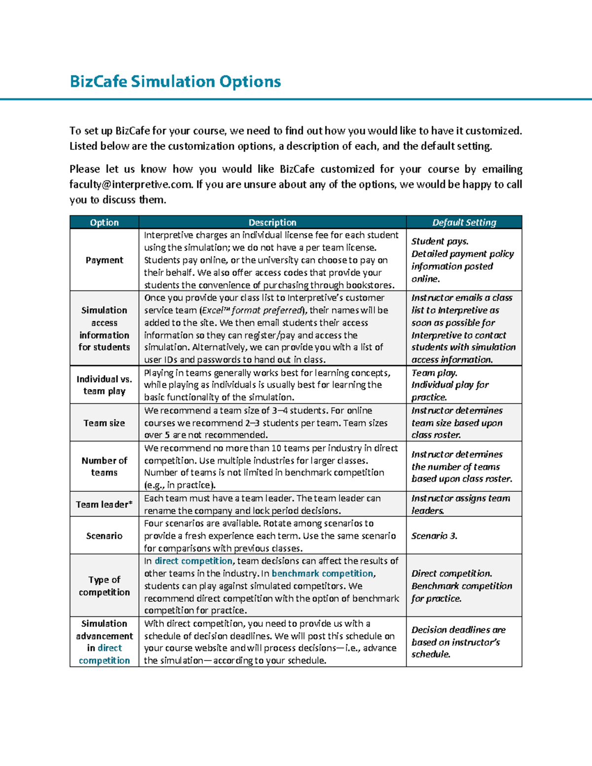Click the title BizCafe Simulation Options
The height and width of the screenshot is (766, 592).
(x=175, y=81)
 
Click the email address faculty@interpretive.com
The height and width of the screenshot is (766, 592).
(x=131, y=184)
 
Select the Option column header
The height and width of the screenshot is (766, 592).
(x=104, y=222)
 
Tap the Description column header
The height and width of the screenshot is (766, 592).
(x=272, y=222)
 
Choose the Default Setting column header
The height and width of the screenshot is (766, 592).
(x=464, y=222)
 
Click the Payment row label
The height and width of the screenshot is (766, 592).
(x=104, y=260)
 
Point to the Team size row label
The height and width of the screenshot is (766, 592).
(x=104, y=423)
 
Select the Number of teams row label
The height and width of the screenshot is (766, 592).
(x=104, y=466)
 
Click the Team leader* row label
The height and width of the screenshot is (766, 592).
(x=104, y=504)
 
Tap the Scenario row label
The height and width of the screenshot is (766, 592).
(x=104, y=536)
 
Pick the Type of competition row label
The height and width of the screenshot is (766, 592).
(x=104, y=585)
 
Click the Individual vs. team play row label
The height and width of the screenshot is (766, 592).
(x=104, y=385)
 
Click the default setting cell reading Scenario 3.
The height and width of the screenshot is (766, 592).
(x=434, y=536)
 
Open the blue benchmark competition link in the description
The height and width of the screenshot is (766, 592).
(x=323, y=573)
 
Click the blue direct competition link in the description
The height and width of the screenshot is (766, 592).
(x=193, y=561)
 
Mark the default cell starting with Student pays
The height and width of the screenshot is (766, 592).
(x=462, y=260)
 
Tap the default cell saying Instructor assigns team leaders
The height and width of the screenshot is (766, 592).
(x=460, y=504)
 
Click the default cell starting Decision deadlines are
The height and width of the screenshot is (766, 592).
(x=458, y=642)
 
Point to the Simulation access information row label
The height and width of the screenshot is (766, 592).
(x=104, y=328)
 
